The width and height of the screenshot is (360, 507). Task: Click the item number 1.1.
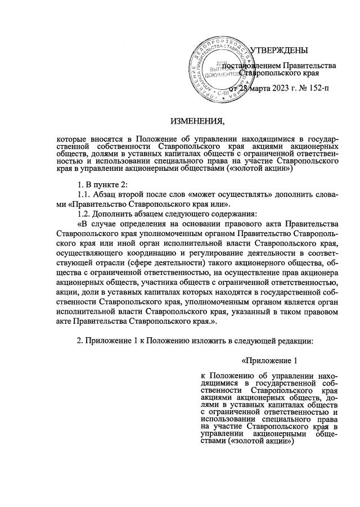[x=85, y=194]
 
